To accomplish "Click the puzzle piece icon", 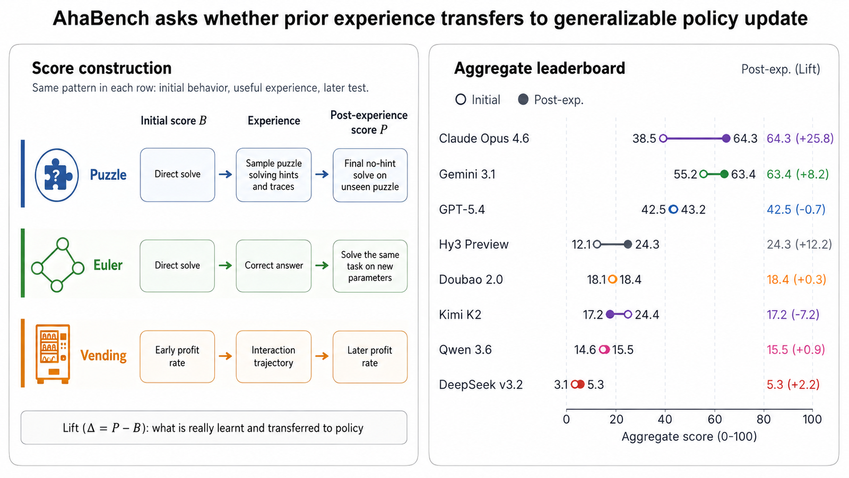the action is (x=56, y=175).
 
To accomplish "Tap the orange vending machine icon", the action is (x=53, y=354).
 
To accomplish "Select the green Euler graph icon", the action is (x=58, y=265).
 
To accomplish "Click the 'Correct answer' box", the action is (x=274, y=266).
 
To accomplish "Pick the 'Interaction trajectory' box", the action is (x=274, y=356).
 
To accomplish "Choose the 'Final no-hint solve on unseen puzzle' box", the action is (x=370, y=175).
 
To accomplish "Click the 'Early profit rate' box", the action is (x=177, y=356).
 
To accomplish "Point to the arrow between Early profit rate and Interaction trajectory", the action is (x=226, y=356).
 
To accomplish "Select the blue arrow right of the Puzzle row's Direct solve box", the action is (x=226, y=174).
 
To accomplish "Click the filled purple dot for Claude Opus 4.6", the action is (x=726, y=139).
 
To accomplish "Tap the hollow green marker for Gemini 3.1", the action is (x=704, y=174).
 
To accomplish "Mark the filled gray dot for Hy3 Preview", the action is (x=628, y=244).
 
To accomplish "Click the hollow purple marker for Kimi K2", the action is (x=628, y=314).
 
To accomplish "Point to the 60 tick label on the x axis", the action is (x=714, y=419).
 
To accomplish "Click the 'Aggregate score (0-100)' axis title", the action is (x=689, y=437).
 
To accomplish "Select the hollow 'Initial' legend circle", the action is (x=461, y=100).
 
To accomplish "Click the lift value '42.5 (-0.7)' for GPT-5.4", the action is (x=796, y=209).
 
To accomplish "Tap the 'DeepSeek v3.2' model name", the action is (x=481, y=385).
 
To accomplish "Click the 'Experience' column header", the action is (x=274, y=121).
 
